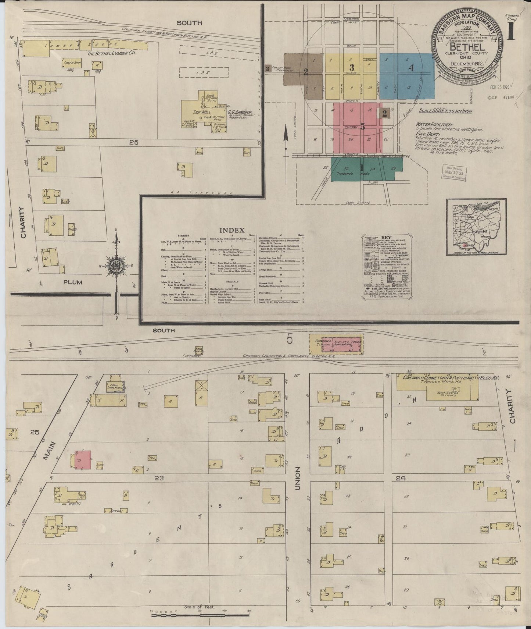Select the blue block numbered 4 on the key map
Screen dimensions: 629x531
point(410,68)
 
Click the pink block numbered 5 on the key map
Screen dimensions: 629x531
point(362,128)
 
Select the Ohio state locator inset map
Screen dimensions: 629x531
point(471,227)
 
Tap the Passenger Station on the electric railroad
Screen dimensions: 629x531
point(316,345)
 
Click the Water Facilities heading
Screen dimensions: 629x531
point(434,125)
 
